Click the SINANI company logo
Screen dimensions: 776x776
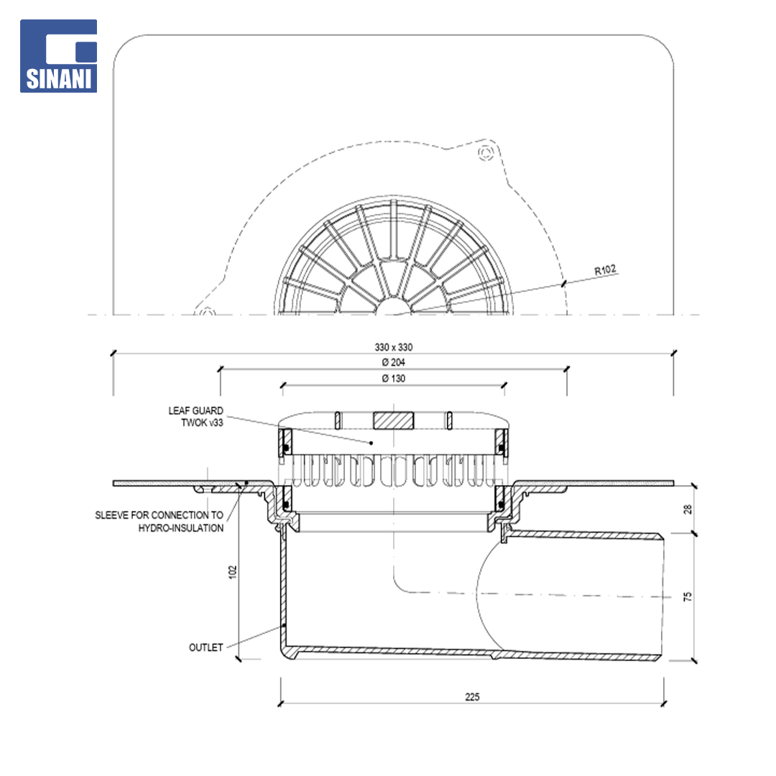58,56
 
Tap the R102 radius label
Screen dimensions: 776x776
605,269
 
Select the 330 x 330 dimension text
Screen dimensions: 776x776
394,348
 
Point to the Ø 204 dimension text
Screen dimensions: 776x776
394,362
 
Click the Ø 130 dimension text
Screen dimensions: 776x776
394,379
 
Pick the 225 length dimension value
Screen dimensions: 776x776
472,697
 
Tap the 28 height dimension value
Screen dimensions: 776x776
688,509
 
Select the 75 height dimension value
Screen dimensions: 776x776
688,596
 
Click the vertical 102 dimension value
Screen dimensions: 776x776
233,572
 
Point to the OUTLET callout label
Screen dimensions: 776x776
206,647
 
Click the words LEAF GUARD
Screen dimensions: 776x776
195,411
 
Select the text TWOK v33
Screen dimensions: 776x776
202,422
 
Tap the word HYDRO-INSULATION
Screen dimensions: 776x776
180,528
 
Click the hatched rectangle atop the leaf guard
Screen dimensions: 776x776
394,420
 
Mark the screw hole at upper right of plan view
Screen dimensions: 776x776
486,152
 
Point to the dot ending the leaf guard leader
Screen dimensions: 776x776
371,443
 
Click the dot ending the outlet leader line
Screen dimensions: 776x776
284,626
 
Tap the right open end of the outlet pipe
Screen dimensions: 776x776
662,597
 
